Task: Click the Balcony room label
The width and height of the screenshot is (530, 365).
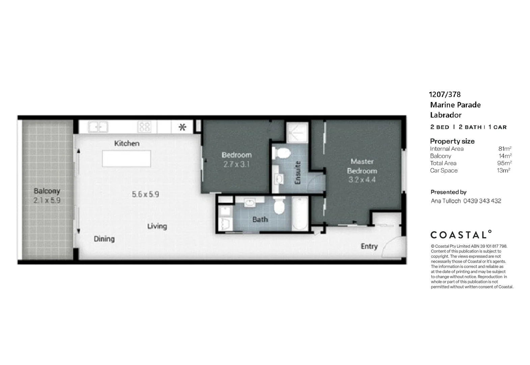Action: tap(47, 191)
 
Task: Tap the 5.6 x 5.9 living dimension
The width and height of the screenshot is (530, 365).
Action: tap(145, 194)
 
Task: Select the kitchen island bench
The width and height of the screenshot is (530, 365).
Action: tap(127, 159)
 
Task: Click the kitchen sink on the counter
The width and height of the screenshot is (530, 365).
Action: tap(98, 127)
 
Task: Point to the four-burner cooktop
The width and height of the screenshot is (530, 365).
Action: tap(144, 127)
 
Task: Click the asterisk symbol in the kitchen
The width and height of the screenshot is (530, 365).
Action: tap(182, 127)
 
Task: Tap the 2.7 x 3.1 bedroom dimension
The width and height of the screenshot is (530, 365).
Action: tap(236, 165)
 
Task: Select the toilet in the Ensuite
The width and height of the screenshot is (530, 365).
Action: tap(281, 153)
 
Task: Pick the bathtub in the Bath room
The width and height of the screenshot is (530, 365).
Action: tap(300, 214)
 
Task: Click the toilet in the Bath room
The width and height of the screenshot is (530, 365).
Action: tap(279, 206)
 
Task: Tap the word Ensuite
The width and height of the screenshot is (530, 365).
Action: tap(298, 173)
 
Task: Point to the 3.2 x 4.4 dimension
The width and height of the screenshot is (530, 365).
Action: tap(362, 180)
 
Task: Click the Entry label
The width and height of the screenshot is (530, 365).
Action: tap(369, 246)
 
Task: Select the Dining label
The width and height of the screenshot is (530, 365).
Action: tap(104, 239)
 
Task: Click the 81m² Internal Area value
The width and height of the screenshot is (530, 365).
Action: tap(505, 149)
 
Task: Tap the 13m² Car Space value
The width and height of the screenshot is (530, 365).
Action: tap(503, 170)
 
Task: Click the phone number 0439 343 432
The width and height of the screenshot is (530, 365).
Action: tap(482, 201)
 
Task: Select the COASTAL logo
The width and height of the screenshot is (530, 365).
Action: tap(461, 235)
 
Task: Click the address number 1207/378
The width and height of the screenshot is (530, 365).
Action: tap(445, 95)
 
